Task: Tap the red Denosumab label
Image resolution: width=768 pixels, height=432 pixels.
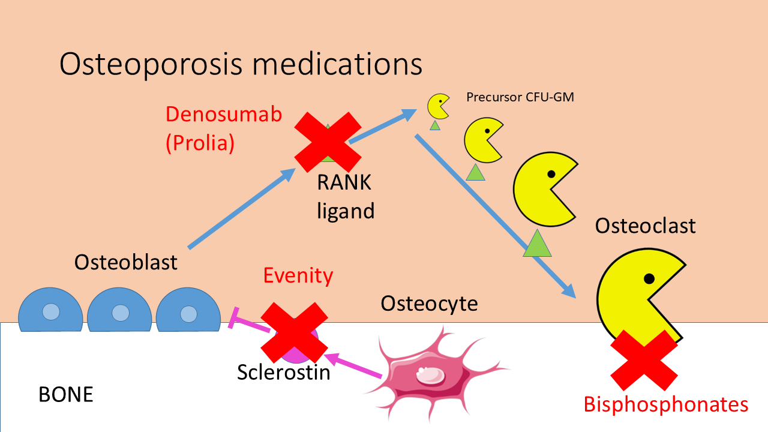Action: (x=224, y=114)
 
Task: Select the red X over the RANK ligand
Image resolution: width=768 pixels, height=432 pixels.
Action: (x=328, y=142)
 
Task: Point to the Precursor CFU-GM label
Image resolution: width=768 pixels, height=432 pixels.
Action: (x=520, y=97)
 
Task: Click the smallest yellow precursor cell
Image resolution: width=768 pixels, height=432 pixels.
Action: (x=438, y=106)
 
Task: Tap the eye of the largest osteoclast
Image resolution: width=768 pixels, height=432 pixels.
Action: (x=649, y=278)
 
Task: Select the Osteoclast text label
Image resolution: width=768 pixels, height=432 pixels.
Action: (x=645, y=226)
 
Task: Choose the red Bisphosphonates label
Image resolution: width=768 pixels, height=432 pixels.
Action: (x=666, y=404)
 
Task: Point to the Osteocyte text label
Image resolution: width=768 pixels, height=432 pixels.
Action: (x=430, y=304)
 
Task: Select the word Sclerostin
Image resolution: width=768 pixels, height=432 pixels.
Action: (x=284, y=372)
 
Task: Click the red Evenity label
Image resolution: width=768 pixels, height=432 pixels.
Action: (x=298, y=275)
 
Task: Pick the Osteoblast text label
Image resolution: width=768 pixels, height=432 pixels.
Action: (x=126, y=262)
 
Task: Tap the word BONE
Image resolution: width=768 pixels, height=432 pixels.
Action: (x=66, y=394)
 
